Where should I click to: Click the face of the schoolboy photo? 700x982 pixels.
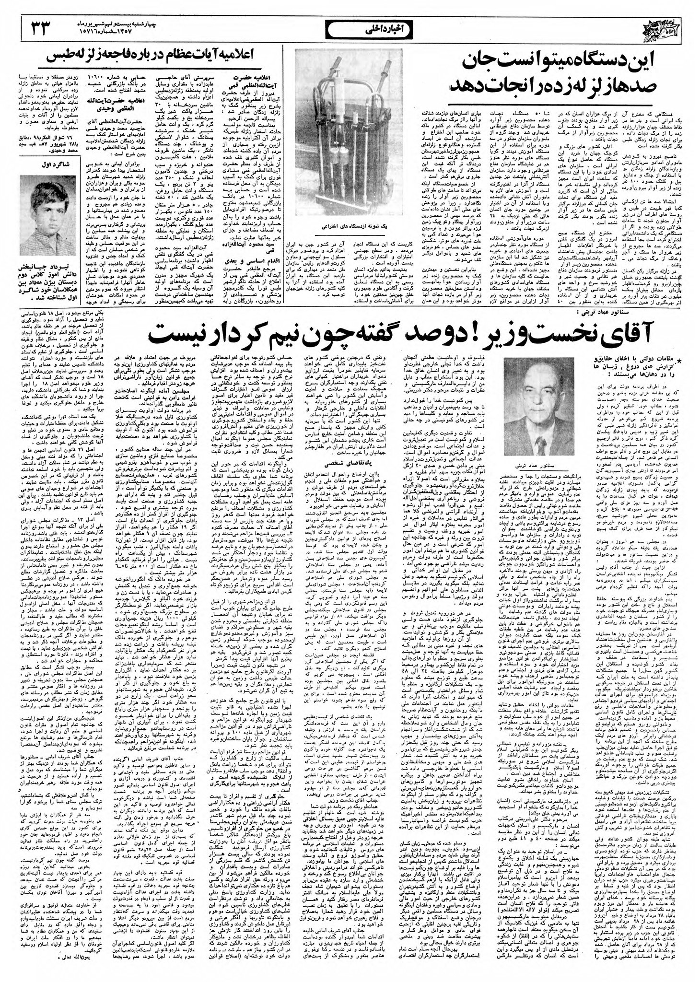point(44,209)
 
